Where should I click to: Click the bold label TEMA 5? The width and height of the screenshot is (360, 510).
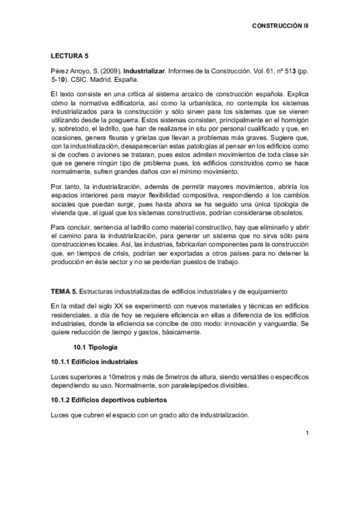tap(64, 292)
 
